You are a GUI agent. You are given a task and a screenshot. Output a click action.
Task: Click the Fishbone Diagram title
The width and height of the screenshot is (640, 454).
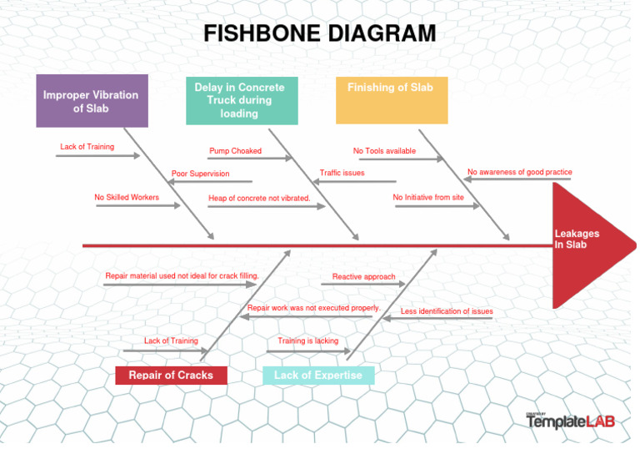tap(320, 34)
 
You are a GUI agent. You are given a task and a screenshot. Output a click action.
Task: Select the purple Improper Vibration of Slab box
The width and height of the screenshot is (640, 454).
tap(92, 101)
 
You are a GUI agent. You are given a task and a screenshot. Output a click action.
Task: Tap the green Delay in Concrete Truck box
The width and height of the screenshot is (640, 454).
tap(240, 100)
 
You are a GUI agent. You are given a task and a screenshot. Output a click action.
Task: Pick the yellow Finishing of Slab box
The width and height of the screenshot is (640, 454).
tap(391, 99)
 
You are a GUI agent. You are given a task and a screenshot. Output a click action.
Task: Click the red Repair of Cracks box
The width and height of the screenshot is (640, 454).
tap(171, 376)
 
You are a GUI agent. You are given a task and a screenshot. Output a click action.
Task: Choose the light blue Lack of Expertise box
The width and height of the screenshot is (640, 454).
tap(318, 376)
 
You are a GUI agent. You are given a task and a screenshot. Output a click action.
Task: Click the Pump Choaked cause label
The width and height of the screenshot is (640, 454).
tap(235, 151)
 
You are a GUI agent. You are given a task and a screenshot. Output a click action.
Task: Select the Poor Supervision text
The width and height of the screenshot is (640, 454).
tap(200, 174)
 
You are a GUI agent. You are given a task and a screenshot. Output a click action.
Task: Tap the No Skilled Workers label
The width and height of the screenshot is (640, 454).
tap(127, 198)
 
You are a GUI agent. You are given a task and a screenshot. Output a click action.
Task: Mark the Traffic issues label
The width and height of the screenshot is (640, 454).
tap(342, 173)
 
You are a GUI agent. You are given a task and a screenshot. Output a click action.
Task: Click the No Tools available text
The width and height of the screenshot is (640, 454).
tap(384, 151)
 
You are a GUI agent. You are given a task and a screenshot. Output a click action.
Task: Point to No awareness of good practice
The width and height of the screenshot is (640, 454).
tap(520, 172)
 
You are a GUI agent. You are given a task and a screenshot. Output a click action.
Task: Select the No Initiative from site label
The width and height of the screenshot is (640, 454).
tap(428, 198)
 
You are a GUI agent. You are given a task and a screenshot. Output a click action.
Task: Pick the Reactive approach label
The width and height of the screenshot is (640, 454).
tap(363, 276)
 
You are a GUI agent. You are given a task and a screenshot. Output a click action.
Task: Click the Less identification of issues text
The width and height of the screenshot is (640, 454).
tap(447, 311)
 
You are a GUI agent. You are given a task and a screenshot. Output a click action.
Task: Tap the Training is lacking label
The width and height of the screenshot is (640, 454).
tap(308, 340)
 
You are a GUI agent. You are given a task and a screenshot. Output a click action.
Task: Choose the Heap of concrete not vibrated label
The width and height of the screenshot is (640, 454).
tap(259, 198)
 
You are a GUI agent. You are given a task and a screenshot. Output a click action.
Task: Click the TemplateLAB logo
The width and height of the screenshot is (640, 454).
tap(570, 421)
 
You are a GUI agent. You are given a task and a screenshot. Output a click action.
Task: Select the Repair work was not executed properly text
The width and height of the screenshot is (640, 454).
tap(313, 308)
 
